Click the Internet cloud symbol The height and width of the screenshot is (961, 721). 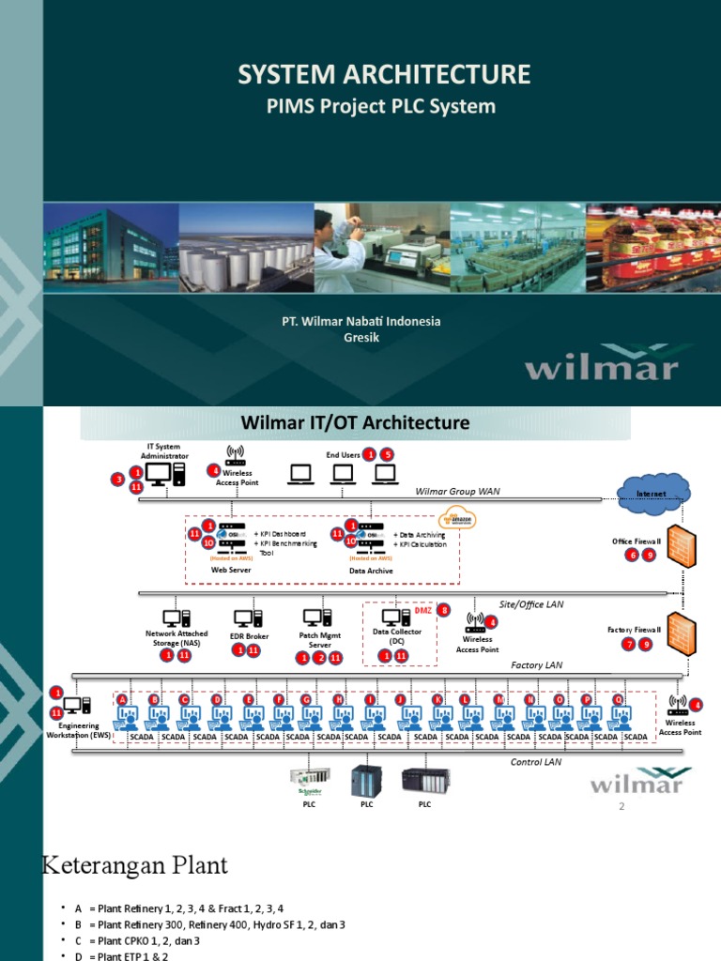pyautogui.click(x=654, y=491)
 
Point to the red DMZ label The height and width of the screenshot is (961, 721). pyautogui.click(x=422, y=611)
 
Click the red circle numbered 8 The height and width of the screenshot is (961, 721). pyautogui.click(x=445, y=610)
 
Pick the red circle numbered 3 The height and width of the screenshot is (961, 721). pyautogui.click(x=119, y=480)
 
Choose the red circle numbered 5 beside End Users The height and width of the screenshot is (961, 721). pyautogui.click(x=387, y=454)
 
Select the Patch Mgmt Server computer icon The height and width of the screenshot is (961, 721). pyautogui.click(x=314, y=618)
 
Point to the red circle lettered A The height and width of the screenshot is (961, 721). pyautogui.click(x=122, y=699)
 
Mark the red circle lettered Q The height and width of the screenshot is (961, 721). pyautogui.click(x=618, y=699)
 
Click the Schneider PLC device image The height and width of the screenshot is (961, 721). pyautogui.click(x=309, y=780)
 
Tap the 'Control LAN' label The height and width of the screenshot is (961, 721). pyautogui.click(x=536, y=762)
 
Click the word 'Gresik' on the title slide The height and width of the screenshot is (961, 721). pyautogui.click(x=361, y=338)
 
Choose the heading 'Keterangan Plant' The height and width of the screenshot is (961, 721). pyautogui.click(x=135, y=864)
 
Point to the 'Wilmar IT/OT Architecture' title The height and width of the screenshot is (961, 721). pyautogui.click(x=356, y=423)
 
